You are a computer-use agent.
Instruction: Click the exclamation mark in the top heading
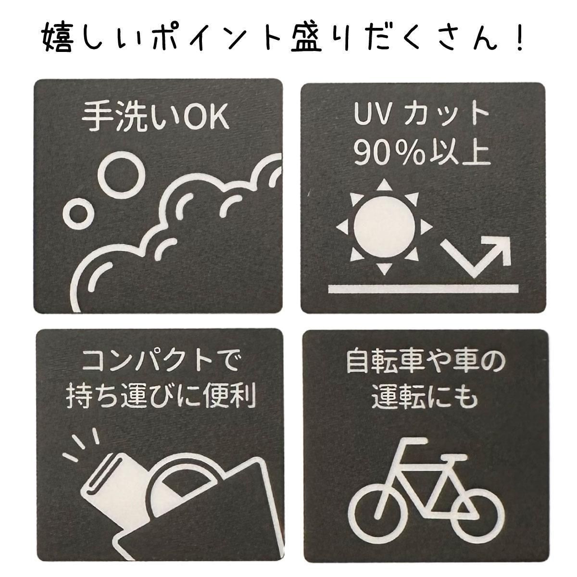click(x=517, y=39)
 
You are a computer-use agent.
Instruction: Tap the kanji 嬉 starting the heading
click(x=57, y=39)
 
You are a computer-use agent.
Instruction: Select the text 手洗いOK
click(x=155, y=118)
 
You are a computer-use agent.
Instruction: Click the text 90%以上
click(x=422, y=154)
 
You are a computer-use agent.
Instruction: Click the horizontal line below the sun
click(x=424, y=288)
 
